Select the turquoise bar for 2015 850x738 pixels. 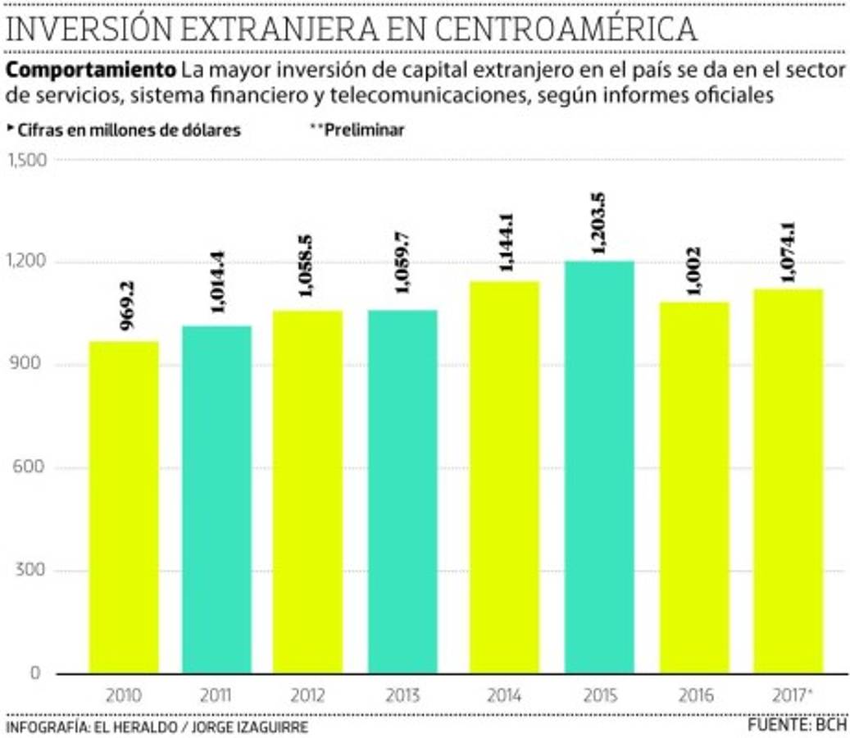coord(598,467)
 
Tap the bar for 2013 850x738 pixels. coord(402,492)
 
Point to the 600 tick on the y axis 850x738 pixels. coord(29,468)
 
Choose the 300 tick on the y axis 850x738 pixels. coord(29,571)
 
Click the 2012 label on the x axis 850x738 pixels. coord(308,696)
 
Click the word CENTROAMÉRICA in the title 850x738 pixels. coord(566,30)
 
